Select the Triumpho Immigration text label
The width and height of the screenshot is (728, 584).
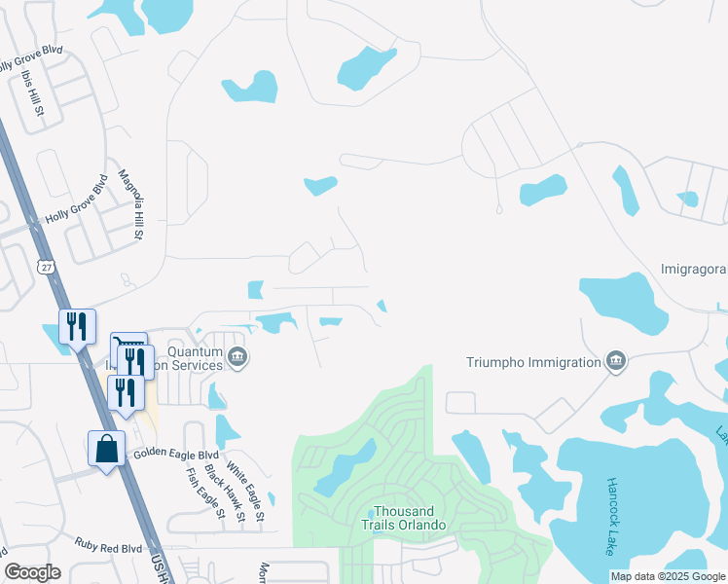531,362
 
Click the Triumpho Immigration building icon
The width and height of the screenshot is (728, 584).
614,362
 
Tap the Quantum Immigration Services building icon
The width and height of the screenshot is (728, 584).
237,360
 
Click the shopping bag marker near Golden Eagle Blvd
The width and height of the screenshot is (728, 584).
107,450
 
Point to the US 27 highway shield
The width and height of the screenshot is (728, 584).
47,267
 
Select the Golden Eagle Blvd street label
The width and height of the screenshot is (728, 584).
176,454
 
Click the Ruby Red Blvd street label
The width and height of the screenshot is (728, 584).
107,549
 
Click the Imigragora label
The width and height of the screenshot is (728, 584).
693,269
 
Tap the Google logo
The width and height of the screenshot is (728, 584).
33,572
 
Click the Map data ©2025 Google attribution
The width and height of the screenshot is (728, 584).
668,576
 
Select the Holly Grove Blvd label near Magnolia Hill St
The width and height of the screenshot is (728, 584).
75,199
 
